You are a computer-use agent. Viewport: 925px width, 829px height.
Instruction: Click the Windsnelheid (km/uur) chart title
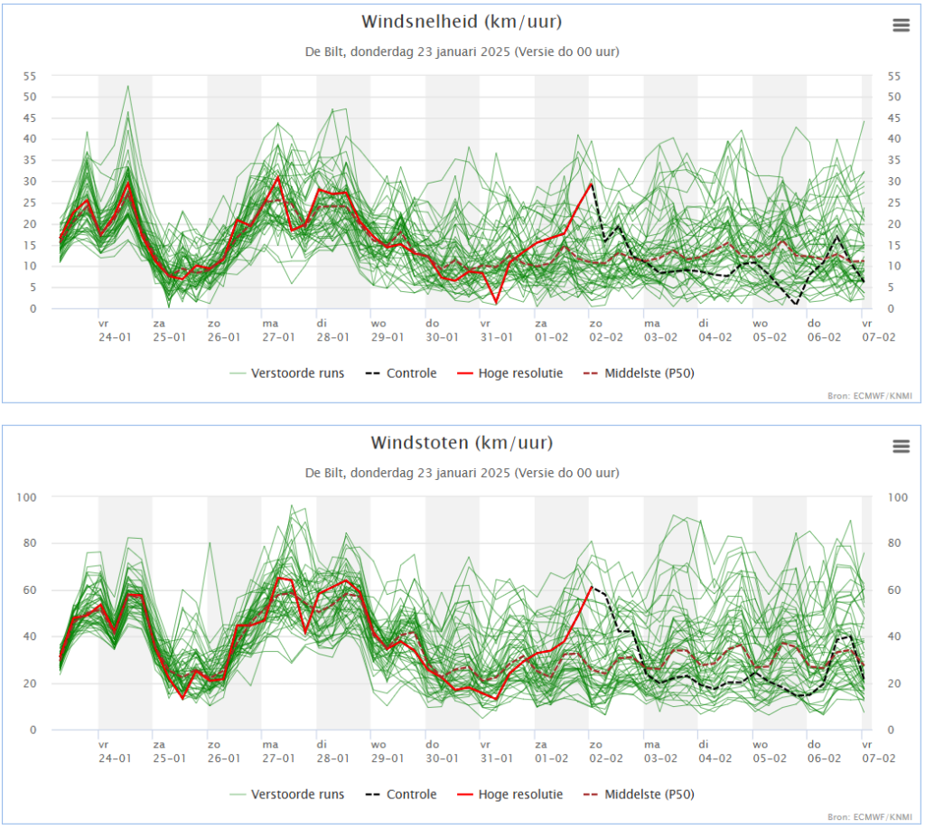(462, 22)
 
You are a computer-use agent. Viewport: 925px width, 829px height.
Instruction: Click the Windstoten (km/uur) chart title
(462, 443)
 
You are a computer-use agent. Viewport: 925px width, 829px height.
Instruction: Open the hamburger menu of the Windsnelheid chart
(901, 24)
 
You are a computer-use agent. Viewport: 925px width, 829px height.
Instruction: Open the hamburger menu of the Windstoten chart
(901, 446)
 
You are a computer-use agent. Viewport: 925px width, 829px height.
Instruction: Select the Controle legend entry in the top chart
(401, 373)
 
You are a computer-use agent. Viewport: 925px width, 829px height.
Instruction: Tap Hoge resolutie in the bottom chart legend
(510, 794)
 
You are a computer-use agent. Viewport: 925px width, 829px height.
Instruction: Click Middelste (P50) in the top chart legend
(639, 373)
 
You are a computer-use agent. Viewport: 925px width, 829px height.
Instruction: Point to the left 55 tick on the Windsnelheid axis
(30, 76)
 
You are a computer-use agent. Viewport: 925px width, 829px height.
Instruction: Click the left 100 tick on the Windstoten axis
(26, 497)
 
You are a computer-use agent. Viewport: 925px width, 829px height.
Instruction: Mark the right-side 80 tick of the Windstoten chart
(894, 543)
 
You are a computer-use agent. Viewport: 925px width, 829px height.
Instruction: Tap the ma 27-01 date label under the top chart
(278, 331)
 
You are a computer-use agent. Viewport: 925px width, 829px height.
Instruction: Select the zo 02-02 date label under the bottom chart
(606, 751)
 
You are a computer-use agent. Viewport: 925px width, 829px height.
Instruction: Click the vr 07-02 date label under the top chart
(878, 331)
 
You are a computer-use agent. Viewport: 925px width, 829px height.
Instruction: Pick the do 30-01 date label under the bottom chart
(442, 751)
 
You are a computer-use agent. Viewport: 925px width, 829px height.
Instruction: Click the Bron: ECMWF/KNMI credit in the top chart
(870, 396)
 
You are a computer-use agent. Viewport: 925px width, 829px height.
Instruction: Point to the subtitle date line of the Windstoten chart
(462, 473)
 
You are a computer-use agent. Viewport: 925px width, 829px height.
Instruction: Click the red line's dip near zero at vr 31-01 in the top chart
(496, 303)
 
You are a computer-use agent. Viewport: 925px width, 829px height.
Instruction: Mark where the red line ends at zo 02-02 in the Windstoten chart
(591, 587)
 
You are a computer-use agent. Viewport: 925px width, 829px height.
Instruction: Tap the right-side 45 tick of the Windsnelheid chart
(894, 118)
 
